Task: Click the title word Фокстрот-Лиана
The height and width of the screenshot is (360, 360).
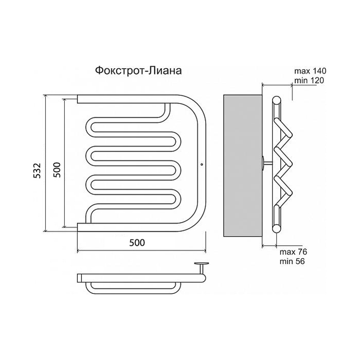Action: (138, 70)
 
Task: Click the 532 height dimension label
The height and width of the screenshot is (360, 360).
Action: (37, 170)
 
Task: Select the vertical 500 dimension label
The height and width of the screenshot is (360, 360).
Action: (57, 170)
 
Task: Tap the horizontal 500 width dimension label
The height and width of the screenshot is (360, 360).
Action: (137, 242)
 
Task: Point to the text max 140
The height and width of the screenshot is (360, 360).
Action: (310, 71)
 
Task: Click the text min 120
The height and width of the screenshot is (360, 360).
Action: (309, 80)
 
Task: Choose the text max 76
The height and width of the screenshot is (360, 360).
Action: (293, 251)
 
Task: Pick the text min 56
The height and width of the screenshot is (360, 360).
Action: (292, 261)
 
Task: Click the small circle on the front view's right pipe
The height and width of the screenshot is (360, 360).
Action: (202, 164)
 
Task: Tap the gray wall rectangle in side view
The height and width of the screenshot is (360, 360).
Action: (243, 166)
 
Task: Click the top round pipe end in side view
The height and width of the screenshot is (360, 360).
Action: (277, 100)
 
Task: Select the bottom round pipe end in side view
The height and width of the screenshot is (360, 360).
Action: (277, 228)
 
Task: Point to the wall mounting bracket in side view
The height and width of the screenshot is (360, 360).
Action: (267, 163)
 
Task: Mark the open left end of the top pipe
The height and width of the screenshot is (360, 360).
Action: (78, 99)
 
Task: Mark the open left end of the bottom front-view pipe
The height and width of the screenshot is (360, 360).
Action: (78, 227)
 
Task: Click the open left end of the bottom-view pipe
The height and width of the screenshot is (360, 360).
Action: (79, 278)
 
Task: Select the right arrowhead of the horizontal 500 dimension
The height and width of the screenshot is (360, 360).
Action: (204, 250)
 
